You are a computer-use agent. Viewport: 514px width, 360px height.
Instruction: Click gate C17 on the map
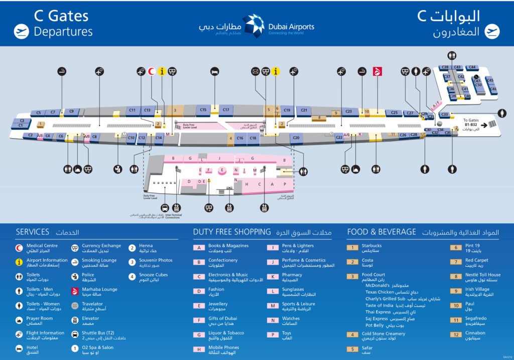(226, 109)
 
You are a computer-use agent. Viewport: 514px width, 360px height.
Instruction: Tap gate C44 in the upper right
(471, 67)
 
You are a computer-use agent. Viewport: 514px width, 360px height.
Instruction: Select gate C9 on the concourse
(71, 111)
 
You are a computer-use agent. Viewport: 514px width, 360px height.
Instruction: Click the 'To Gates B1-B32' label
(472, 123)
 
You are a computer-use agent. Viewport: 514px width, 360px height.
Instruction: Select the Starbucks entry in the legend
(371, 246)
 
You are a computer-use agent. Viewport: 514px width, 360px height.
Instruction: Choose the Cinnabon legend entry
(475, 333)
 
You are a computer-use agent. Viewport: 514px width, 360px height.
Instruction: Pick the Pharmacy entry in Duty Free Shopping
(292, 275)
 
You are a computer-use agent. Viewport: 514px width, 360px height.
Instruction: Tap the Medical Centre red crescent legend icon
(19, 247)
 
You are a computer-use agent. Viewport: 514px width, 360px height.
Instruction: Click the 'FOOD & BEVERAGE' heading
(381, 232)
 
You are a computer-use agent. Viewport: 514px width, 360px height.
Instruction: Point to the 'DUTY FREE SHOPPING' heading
(232, 232)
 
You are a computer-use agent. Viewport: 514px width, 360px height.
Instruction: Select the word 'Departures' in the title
(63, 31)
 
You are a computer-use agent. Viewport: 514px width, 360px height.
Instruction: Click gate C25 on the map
(394, 113)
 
